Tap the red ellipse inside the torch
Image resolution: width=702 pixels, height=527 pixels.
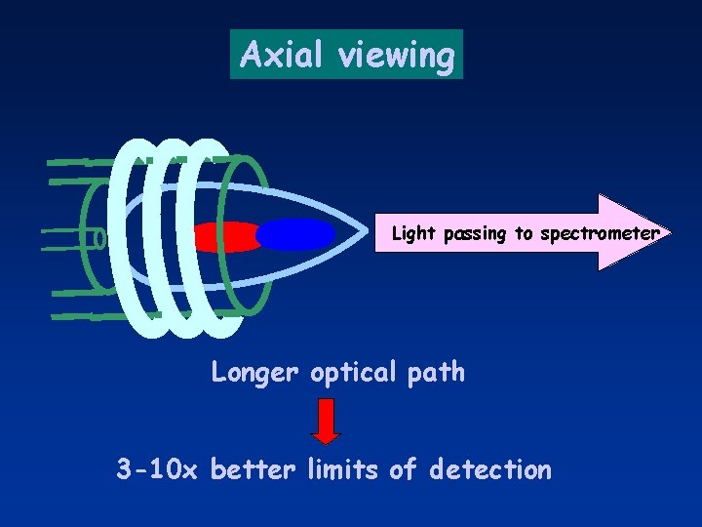(226, 236)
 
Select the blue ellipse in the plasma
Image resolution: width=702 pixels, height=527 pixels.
(295, 234)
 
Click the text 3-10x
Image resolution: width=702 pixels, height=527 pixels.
(157, 470)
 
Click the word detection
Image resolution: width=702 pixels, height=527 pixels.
(490, 470)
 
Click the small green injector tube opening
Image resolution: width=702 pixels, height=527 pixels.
(98, 237)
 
